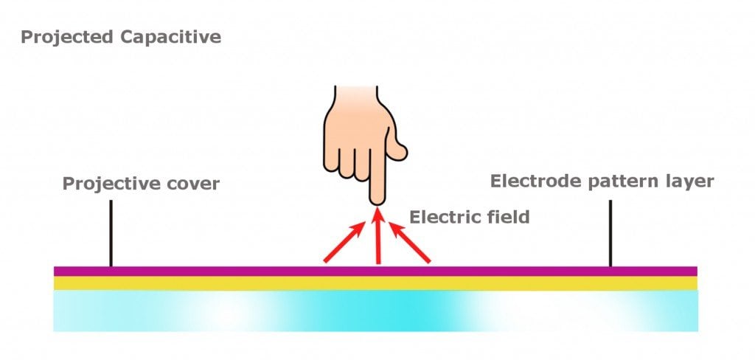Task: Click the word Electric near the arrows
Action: pyautogui.click(x=442, y=217)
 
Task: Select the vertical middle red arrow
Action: pyautogui.click(x=378, y=236)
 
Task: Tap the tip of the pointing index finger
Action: pyautogui.click(x=377, y=198)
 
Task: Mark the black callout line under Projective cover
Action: pyautogui.click(x=111, y=232)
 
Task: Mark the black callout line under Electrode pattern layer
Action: pyautogui.click(x=610, y=232)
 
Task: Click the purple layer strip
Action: pyautogui.click(x=221, y=271)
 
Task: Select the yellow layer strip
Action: pyautogui.click(x=221, y=283)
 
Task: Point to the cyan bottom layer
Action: pyautogui.click(x=221, y=310)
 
